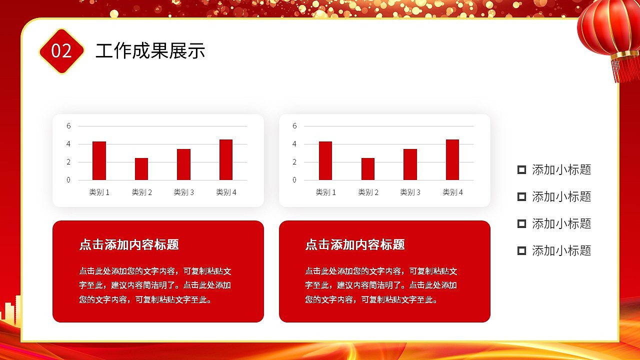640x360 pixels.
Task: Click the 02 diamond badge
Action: click(61, 51)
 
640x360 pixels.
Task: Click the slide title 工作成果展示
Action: click(150, 51)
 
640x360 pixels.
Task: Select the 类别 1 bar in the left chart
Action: click(99, 160)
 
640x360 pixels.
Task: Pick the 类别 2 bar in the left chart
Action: click(141, 169)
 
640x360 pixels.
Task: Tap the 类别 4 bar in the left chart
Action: click(226, 159)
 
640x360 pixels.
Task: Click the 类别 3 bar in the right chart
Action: click(410, 164)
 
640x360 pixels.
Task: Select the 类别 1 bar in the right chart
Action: click(325, 160)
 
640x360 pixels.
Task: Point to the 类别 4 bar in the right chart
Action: click(452, 159)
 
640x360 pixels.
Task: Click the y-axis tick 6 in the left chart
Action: click(68, 126)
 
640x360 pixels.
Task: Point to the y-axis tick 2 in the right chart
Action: click(294, 162)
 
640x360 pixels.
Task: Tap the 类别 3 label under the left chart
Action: click(184, 192)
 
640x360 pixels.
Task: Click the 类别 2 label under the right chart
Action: click(368, 192)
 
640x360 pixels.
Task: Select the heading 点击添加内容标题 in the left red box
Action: click(129, 244)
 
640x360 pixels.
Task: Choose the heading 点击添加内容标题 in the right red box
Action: click(355, 244)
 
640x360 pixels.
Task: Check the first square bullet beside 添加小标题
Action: click(521, 170)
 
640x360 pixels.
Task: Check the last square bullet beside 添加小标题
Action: click(521, 250)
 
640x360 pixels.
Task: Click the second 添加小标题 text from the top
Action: click(561, 197)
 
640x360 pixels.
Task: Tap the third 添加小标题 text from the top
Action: click(561, 223)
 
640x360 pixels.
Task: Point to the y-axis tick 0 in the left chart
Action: click(68, 180)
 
